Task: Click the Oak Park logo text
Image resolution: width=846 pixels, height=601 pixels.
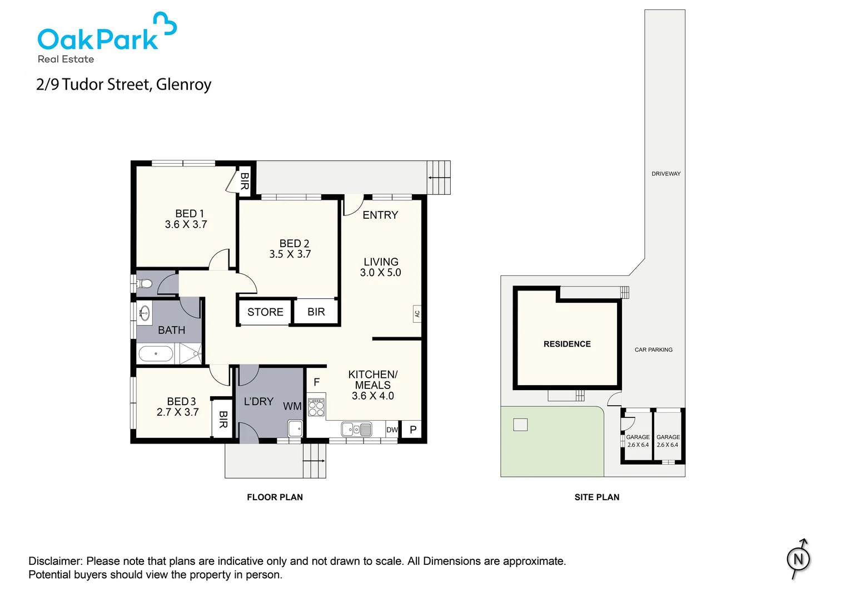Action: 98,39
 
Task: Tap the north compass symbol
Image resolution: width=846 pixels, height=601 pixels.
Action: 798,559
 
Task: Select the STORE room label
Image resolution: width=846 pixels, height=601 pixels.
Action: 265,312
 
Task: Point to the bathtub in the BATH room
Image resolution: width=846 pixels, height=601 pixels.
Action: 156,354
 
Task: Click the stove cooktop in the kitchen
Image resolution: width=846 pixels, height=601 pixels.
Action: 316,407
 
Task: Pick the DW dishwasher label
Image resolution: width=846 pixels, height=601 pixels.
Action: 392,430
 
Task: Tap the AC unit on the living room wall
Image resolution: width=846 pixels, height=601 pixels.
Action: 417,313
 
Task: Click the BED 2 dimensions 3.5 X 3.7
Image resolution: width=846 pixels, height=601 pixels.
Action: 290,254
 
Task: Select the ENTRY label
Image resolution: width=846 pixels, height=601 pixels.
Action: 380,215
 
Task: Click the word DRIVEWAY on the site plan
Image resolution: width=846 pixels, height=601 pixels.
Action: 666,174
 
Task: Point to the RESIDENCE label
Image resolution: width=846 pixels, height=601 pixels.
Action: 567,344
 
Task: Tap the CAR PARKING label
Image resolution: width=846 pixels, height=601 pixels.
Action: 653,350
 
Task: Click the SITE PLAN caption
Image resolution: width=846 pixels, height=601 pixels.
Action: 597,497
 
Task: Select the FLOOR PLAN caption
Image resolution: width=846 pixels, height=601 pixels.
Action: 275,497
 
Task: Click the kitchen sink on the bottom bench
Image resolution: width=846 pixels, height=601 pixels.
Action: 356,429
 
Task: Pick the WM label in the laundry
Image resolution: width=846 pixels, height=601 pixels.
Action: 292,406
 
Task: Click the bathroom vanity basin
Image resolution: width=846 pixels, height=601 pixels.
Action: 145,313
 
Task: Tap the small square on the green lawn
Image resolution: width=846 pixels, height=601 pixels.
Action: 520,425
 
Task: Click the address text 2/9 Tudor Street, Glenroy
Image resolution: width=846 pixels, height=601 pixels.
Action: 123,85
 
